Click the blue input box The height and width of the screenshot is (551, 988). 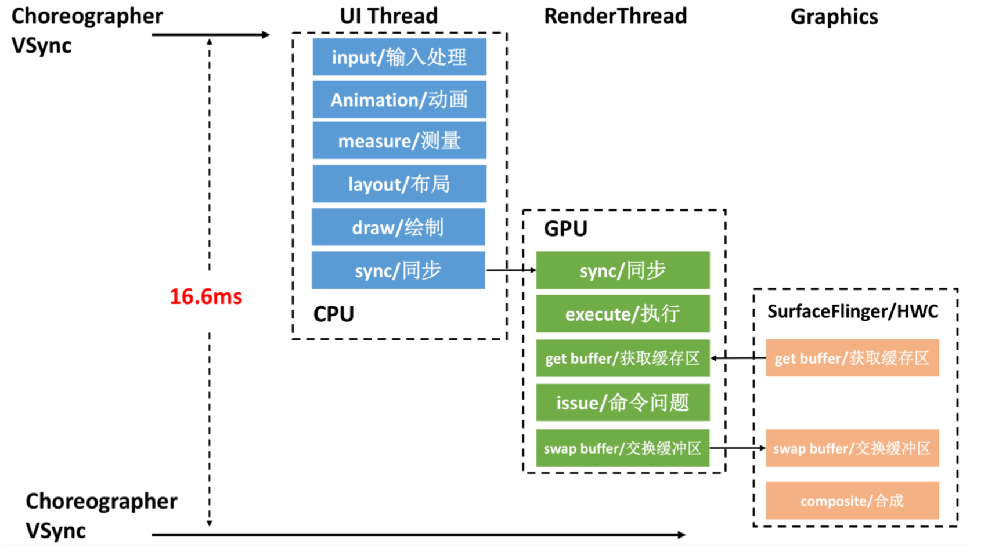pos(399,57)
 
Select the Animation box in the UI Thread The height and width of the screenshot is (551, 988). pos(399,100)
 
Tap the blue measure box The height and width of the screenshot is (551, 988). pos(399,140)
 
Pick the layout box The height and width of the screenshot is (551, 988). pos(399,184)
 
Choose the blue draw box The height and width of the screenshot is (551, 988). pos(398,227)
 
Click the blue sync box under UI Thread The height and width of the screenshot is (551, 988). pos(398,270)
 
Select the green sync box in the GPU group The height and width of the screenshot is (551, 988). pos(622,270)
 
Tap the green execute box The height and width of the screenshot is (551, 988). pos(622,314)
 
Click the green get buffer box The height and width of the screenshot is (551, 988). pos(622,358)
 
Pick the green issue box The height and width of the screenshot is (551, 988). pos(622,403)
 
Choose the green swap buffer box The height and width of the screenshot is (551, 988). pos(622,448)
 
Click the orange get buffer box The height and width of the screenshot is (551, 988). pos(852,358)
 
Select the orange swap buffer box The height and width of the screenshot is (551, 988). pos(852,448)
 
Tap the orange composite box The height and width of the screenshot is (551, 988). pos(852,501)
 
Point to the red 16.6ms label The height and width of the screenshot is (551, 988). pos(205,296)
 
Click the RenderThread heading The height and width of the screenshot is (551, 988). pos(615,16)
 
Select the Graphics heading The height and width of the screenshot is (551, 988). pos(834,17)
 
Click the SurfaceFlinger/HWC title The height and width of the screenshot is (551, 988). pos(853,311)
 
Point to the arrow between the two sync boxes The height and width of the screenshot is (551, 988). pos(511,270)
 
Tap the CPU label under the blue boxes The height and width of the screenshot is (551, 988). pos(334,314)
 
